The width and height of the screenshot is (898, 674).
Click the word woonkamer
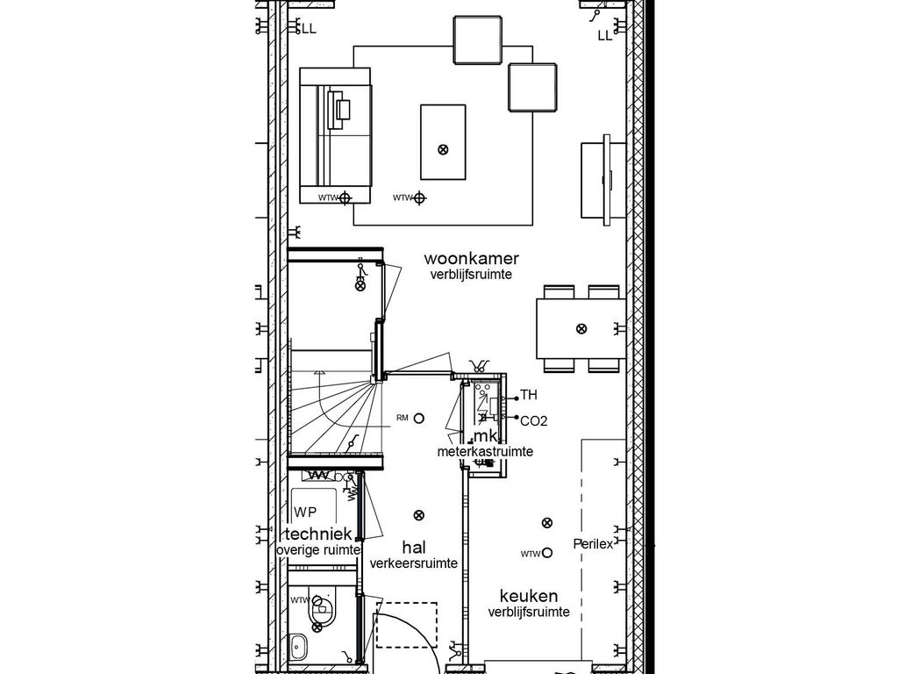(x=471, y=259)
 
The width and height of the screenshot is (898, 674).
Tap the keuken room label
(x=529, y=596)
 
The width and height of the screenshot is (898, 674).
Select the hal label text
(x=413, y=547)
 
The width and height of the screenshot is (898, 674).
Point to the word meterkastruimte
(x=485, y=451)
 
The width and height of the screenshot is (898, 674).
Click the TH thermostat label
(x=529, y=396)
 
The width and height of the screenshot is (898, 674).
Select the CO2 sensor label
(x=533, y=421)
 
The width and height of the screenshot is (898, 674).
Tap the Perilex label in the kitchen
(x=593, y=544)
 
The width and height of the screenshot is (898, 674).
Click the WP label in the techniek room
(x=305, y=512)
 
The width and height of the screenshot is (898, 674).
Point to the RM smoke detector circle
(x=420, y=419)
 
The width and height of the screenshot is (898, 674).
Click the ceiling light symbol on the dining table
(x=581, y=328)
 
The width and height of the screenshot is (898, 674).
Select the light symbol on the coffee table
(x=443, y=149)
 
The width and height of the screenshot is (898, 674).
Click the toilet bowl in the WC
(x=322, y=606)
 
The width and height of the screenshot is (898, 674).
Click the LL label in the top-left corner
(x=309, y=29)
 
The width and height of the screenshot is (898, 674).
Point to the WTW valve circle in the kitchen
(x=547, y=553)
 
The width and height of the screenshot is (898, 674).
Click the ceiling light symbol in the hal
(x=419, y=515)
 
